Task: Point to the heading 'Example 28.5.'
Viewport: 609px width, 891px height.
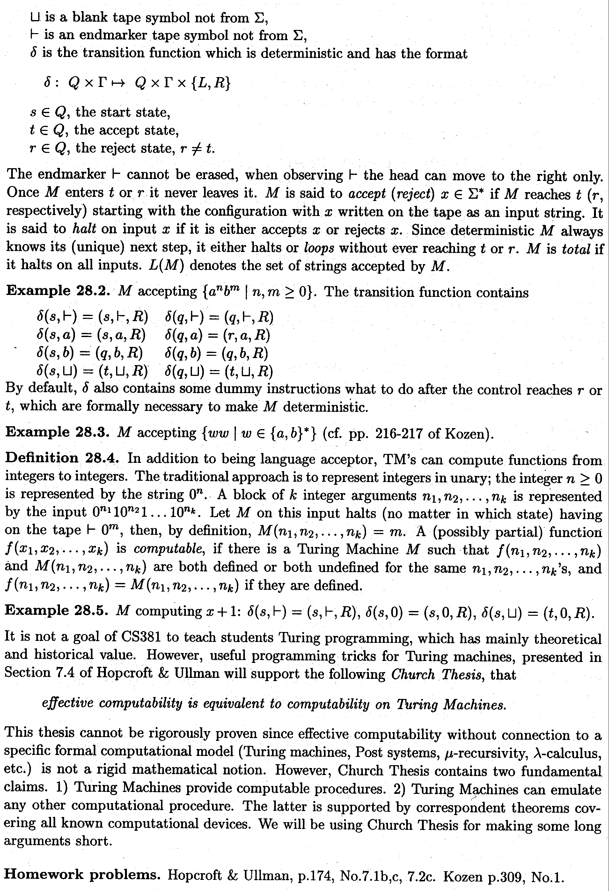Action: (58, 611)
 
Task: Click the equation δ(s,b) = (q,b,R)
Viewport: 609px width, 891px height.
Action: (89, 353)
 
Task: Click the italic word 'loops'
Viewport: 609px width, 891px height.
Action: (318, 248)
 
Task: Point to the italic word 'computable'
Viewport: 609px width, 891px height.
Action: (168, 550)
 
